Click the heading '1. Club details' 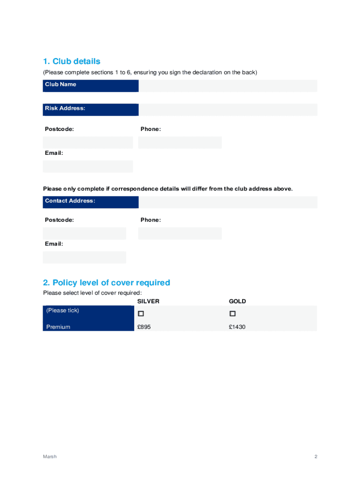pos(72,61)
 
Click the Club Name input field pos(228,86)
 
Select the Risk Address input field pos(228,110)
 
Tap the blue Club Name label pos(91,86)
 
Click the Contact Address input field pos(228,202)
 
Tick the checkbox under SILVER pos(141,313)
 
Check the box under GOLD pos(232,313)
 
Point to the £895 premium pos(144,327)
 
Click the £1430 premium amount pos(237,327)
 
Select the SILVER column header pos(148,301)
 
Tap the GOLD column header pos(238,301)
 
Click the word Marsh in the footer pos(50,457)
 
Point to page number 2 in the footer pos(316,457)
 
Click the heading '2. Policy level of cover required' pos(107,283)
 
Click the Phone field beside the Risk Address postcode pos(180,143)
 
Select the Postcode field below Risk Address pos(88,143)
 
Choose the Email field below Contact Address pos(85,257)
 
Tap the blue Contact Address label pos(91,202)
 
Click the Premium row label pos(58,327)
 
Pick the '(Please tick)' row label pos(63,311)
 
